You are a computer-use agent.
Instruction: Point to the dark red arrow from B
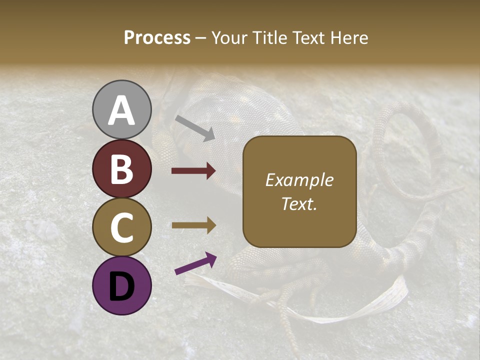(193, 171)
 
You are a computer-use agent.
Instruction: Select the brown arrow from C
(193, 225)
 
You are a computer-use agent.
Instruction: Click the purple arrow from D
(195, 264)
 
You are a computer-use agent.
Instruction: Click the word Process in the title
(157, 37)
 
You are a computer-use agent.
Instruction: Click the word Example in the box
(299, 180)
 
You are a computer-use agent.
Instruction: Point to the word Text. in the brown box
(299, 204)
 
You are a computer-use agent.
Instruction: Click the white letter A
(122, 111)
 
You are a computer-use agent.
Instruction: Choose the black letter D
(122, 286)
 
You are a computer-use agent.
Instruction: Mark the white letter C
(122, 227)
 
